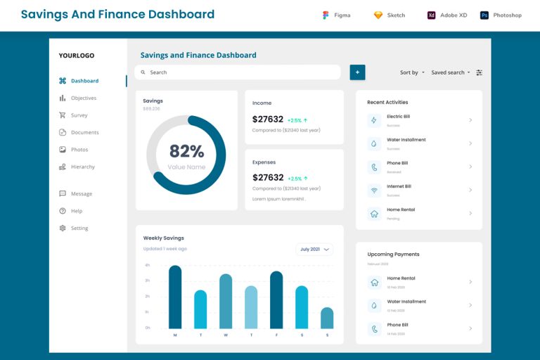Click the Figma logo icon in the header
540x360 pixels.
pyautogui.click(x=326, y=15)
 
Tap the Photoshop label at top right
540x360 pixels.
pyautogui.click(x=507, y=15)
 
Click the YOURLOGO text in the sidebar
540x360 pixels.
pyautogui.click(x=77, y=56)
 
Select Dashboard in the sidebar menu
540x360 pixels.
pyautogui.click(x=84, y=81)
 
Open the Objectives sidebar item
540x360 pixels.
pyautogui.click(x=83, y=98)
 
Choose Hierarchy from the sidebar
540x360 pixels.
pyautogui.click(x=82, y=167)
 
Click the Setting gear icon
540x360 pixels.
pyautogui.click(x=63, y=228)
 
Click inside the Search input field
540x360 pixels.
pyautogui.click(x=239, y=72)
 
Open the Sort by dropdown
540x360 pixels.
pyautogui.click(x=412, y=72)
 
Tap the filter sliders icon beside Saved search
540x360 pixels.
pyautogui.click(x=480, y=72)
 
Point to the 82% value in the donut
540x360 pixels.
pyautogui.click(x=186, y=151)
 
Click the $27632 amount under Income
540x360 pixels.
pyautogui.click(x=268, y=120)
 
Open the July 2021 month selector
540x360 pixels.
pyautogui.click(x=314, y=249)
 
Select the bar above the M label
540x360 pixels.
pyautogui.click(x=175, y=297)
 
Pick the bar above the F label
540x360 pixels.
pyautogui.click(x=276, y=300)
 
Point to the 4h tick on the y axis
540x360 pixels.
pyautogui.click(x=148, y=265)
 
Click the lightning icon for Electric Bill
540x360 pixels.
pyautogui.click(x=374, y=120)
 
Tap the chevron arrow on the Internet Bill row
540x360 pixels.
pyautogui.click(x=470, y=190)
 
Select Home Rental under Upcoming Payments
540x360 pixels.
pyautogui.click(x=401, y=278)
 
